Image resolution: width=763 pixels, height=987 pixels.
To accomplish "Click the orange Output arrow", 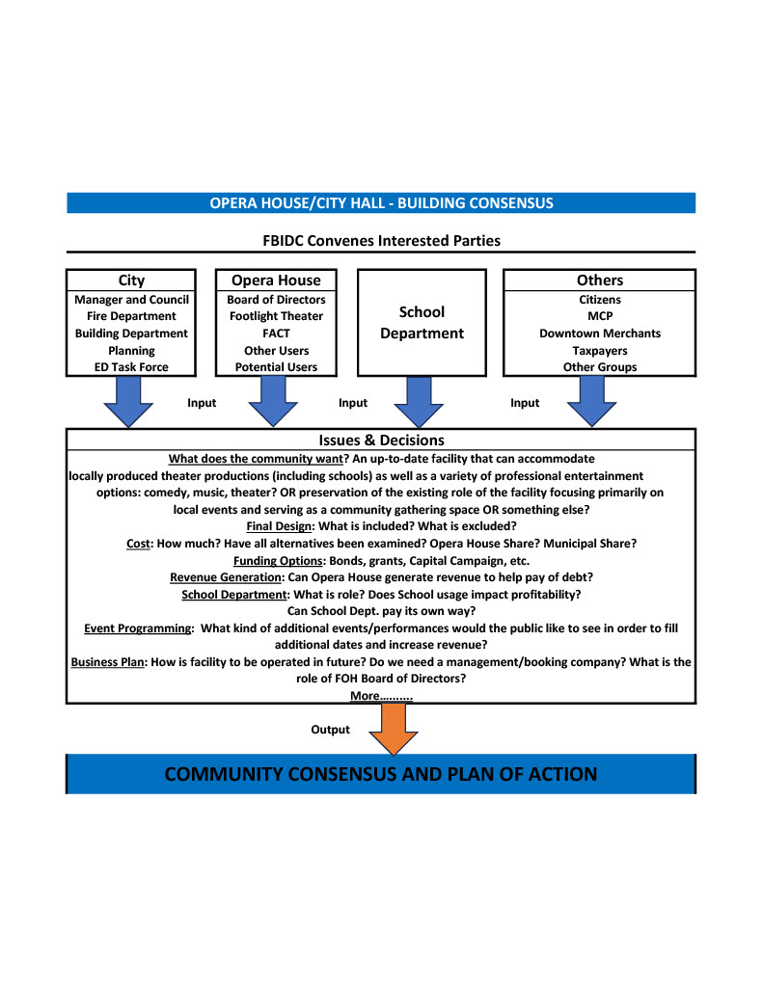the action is pos(394,729).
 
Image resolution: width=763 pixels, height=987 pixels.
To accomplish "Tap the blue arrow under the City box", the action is pos(128,402).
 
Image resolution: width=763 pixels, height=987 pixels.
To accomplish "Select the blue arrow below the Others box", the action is pos(591,402).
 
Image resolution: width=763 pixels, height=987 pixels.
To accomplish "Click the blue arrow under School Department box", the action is pos(419,402).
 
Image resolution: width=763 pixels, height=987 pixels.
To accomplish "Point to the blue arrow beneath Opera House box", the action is pos(273,402).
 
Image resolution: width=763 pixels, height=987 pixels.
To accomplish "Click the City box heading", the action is pos(131,280).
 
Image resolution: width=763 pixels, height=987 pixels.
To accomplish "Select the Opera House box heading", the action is pos(276,280).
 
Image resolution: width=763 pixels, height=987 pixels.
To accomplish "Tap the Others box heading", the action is pos(600,280).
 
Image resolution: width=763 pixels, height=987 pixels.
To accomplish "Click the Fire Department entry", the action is pos(131,316).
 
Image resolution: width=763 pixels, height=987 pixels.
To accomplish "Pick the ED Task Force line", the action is pos(131,367).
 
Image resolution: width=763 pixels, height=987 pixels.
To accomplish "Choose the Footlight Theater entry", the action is pos(276,316).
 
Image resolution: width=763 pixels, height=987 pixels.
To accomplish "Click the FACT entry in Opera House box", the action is pos(276,333).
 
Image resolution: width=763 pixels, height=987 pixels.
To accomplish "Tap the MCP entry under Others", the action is pos(600,316).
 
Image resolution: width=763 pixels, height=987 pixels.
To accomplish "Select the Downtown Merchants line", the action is pos(600,333).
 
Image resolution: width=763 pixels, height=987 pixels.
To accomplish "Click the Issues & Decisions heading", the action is pos(381,440).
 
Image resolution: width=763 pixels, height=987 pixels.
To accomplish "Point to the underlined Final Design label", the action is pos(279,526).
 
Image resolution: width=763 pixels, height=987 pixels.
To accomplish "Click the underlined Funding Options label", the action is pos(278,561).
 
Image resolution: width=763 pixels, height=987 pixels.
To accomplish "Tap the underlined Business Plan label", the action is pos(108,662).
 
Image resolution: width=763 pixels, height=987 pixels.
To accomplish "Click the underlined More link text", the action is pos(381,696).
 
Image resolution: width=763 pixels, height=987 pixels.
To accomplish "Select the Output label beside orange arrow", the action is pos(330,730).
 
